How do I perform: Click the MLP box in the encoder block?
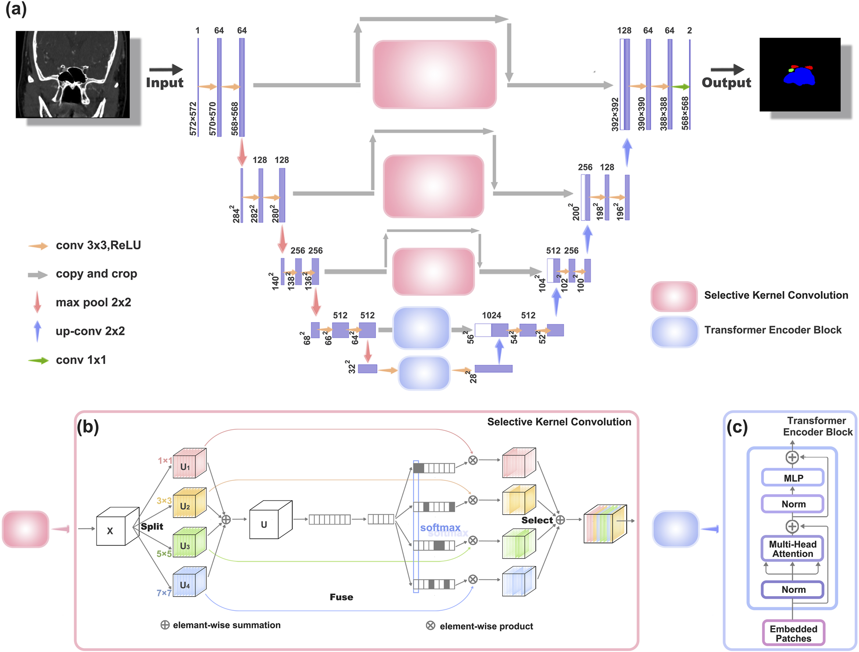pyautogui.click(x=793, y=478)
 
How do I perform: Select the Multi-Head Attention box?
pyautogui.click(x=793, y=549)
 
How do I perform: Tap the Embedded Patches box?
pyautogui.click(x=793, y=633)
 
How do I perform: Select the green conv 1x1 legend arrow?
pyautogui.click(x=38, y=360)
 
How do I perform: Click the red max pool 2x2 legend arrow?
pyautogui.click(x=37, y=302)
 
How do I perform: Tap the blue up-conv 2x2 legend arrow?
pyautogui.click(x=37, y=331)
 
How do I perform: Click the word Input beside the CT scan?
pyautogui.click(x=165, y=82)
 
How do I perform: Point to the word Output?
pyautogui.click(x=726, y=82)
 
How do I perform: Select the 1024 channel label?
pyautogui.click(x=491, y=315)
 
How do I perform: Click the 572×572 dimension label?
pyautogui.click(x=193, y=118)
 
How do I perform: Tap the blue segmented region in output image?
pyautogui.click(x=799, y=77)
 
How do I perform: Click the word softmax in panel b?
pyautogui.click(x=440, y=527)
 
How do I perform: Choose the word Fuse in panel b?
pyautogui.click(x=341, y=597)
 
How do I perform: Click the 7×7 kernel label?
pyautogui.click(x=164, y=593)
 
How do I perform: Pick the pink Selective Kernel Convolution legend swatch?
pyautogui.click(x=674, y=296)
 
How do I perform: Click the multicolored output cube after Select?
pyautogui.click(x=605, y=524)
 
